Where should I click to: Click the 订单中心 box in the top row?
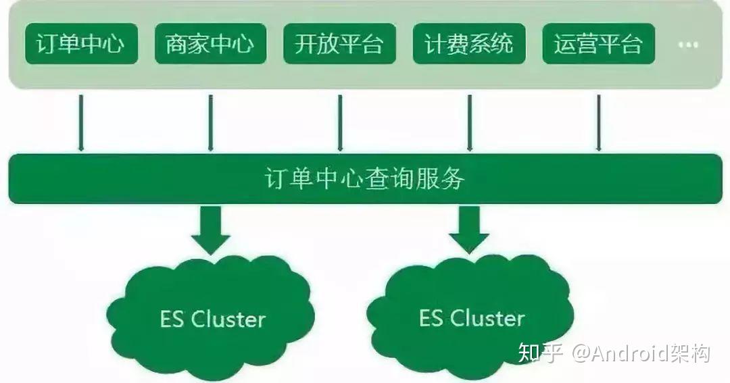tap(81, 44)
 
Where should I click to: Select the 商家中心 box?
tap(210, 44)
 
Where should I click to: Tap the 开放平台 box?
tap(339, 44)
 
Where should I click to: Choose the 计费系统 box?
tap(469, 44)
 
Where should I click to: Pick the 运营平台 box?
tap(598, 44)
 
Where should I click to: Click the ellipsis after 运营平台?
tap(688, 45)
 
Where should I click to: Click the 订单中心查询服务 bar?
tap(365, 179)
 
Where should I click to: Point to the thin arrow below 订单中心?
tap(81, 122)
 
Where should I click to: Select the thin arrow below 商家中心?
tap(210, 122)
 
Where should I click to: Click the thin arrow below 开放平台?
tap(340, 122)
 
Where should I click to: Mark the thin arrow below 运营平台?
tap(599, 122)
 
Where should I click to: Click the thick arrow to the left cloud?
tap(210, 230)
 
